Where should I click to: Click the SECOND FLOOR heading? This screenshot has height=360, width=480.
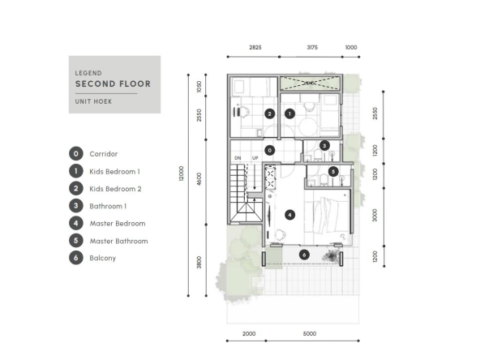113,84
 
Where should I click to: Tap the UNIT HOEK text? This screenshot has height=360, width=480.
94,101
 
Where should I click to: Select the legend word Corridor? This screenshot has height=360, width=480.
104,154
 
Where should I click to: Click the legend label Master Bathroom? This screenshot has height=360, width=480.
118,242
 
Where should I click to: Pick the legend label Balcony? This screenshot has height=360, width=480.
102,258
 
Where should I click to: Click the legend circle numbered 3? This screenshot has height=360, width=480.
76,206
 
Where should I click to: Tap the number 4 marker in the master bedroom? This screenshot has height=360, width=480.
290,215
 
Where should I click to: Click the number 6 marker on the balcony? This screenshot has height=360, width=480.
304,255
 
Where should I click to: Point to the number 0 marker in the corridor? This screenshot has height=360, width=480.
270,150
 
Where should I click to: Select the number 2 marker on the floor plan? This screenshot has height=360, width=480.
270,114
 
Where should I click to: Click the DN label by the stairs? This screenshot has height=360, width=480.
238,158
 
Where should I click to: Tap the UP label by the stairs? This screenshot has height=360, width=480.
255,158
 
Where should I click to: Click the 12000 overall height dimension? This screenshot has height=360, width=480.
182,174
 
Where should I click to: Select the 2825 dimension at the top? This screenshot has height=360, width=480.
255,48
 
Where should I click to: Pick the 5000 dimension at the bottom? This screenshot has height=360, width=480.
310,334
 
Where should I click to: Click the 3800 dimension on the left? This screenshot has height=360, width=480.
199,263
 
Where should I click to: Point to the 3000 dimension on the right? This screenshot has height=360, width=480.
375,215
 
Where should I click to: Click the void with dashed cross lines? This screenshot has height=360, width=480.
310,84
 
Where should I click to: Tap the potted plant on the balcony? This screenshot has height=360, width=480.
332,255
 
